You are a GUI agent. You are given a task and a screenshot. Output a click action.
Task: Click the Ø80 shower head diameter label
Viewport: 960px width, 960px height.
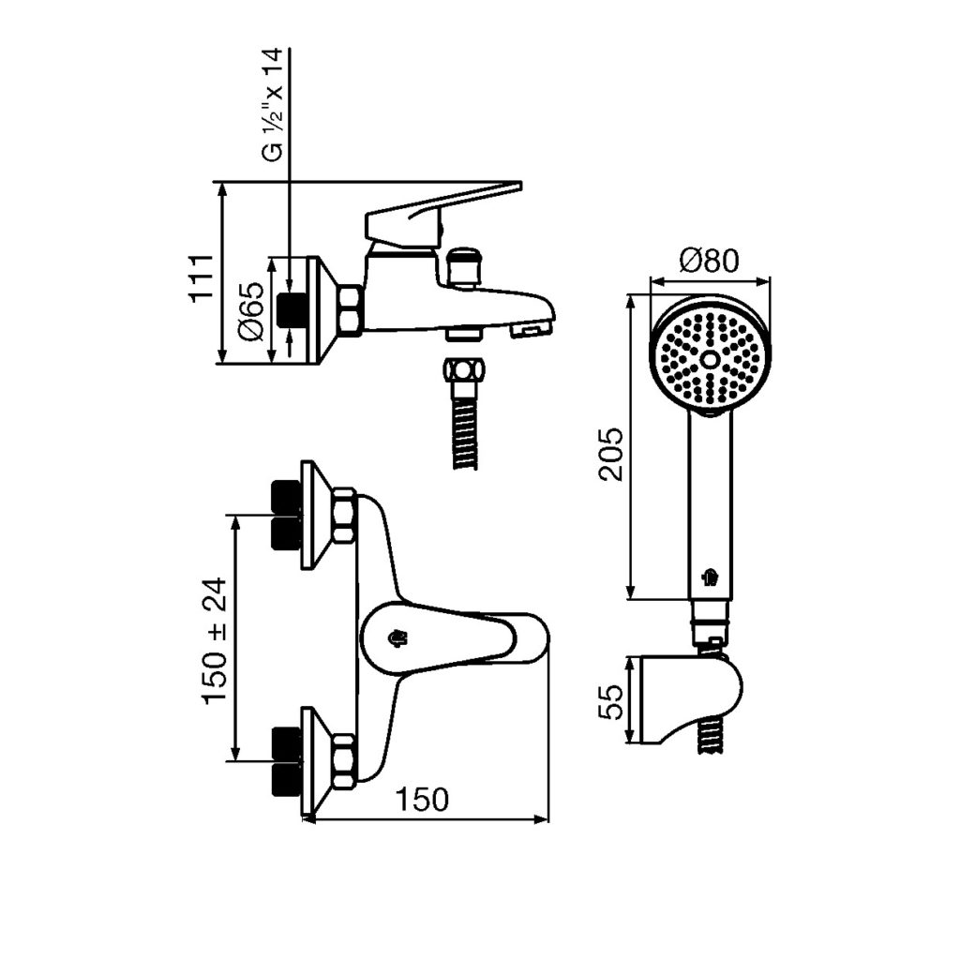pos(710,261)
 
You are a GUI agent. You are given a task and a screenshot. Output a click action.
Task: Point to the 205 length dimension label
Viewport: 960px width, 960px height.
pos(610,454)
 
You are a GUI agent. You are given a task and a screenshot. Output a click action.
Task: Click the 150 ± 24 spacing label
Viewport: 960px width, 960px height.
pos(214,640)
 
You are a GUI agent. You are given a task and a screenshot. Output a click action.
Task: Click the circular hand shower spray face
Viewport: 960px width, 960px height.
pos(709,359)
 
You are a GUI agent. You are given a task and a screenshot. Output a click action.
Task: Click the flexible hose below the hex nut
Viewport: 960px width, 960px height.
pos(463,431)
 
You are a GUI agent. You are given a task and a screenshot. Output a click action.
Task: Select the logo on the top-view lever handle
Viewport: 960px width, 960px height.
pos(399,638)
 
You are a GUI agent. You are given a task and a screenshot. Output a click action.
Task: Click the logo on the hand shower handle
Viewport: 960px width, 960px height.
pos(710,577)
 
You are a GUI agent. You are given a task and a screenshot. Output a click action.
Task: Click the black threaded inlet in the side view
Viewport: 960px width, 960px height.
pos(293,308)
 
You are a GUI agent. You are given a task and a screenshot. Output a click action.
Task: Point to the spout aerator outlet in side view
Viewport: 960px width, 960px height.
pos(531,329)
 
